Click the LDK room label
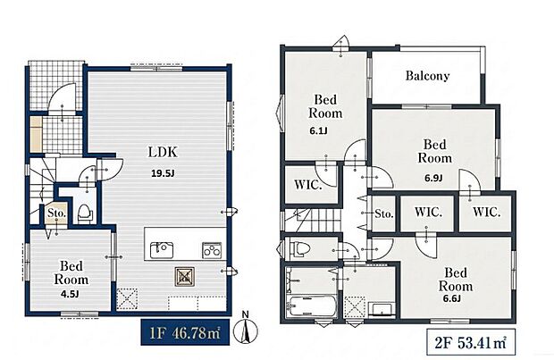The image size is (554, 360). tap(163, 152)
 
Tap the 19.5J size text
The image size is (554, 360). tap(163, 173)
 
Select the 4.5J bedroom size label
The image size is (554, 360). tap(70, 294)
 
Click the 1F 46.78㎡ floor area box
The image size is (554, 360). tap(185, 333)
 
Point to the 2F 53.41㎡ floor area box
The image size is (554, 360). tap(470, 342)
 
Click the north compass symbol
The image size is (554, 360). tap(246, 328)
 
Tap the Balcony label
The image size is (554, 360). tap(427, 76)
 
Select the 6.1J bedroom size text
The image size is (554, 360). tap(318, 131)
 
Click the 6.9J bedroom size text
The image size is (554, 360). tap(433, 178)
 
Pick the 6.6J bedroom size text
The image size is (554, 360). tap(452, 298)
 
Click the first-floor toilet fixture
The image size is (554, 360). tap(84, 213)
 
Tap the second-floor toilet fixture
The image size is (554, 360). tap(298, 247)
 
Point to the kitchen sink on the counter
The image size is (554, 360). tap(161, 250)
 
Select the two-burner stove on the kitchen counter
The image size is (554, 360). tap(212, 250)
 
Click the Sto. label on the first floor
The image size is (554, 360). tap(57, 213)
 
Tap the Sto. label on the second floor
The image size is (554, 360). tap(384, 213)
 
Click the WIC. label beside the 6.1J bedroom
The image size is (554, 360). tap(308, 185)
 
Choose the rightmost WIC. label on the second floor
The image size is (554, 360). tap(486, 212)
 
